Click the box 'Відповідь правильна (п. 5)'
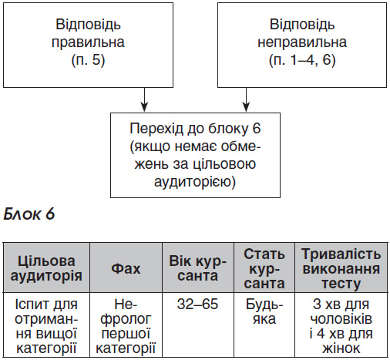tap(88, 45)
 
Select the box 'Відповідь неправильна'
tap(302, 45)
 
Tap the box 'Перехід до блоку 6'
tap(195, 155)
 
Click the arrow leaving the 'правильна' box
tap(144, 99)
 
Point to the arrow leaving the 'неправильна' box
tap(246, 99)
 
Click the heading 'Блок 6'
tap(29, 214)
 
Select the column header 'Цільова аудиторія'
tap(46, 267)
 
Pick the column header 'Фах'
tap(126, 267)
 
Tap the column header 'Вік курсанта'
tap(198, 267)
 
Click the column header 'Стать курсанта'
tap(264, 267)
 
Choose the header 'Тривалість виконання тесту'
tap(341, 267)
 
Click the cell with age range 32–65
tap(198, 325)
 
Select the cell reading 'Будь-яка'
tap(264, 325)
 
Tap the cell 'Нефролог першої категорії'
tap(126, 325)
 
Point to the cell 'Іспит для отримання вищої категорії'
tap(46, 325)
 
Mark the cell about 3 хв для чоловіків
tap(341, 325)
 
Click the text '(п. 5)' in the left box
tap(88, 60)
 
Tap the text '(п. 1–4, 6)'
tap(302, 60)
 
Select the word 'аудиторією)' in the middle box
tap(195, 182)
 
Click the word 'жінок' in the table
tap(341, 348)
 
